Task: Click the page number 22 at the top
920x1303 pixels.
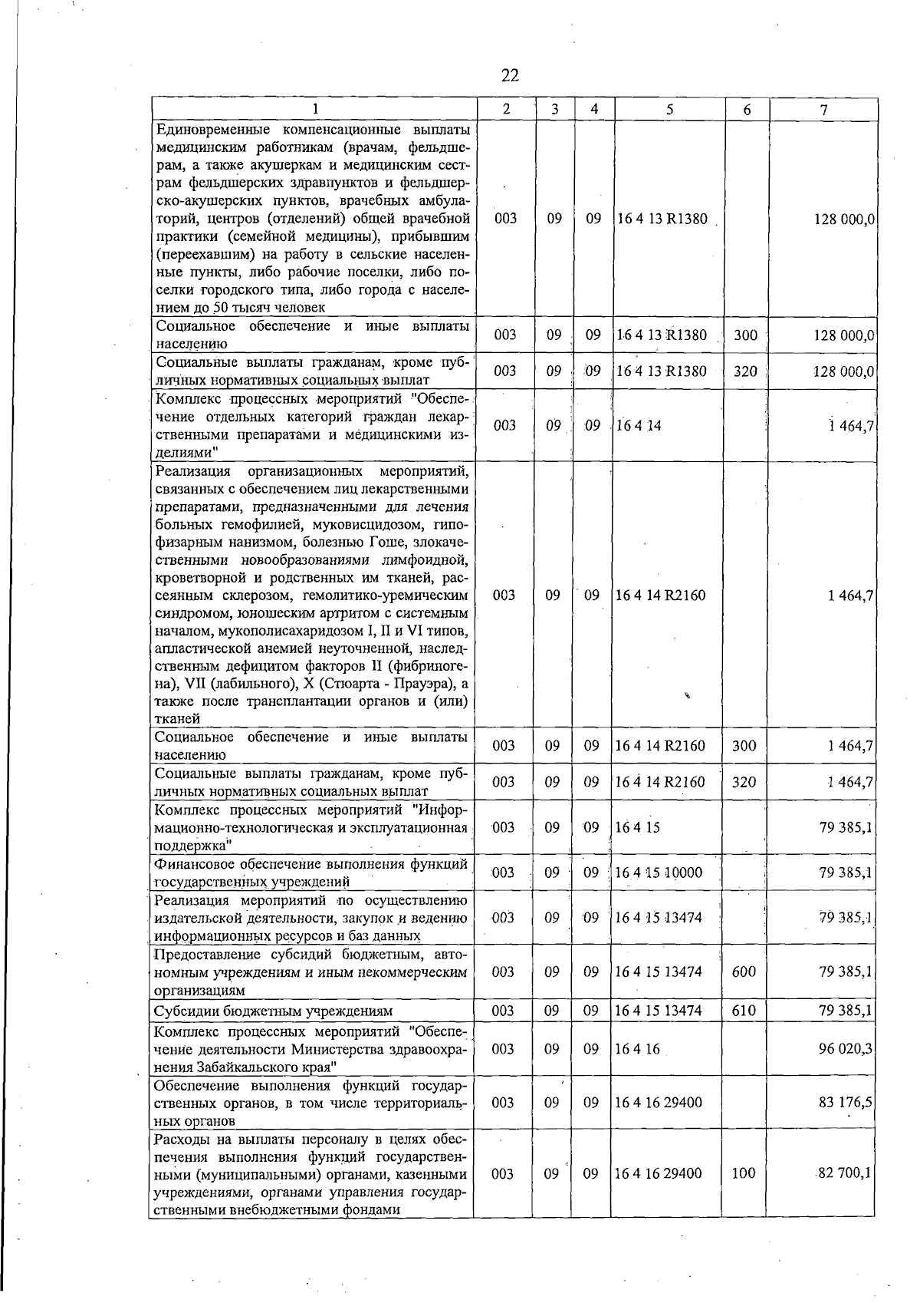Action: click(510, 75)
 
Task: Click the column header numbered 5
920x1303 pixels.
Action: click(669, 110)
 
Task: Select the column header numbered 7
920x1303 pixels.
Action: click(823, 110)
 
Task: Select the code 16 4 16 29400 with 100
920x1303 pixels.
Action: click(658, 1173)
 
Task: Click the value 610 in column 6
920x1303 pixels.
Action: click(744, 1011)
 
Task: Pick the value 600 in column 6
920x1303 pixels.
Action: click(744, 971)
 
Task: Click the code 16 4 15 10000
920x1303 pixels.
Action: click(658, 873)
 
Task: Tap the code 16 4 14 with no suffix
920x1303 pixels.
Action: click(638, 425)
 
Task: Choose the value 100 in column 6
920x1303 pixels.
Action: click(744, 1173)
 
